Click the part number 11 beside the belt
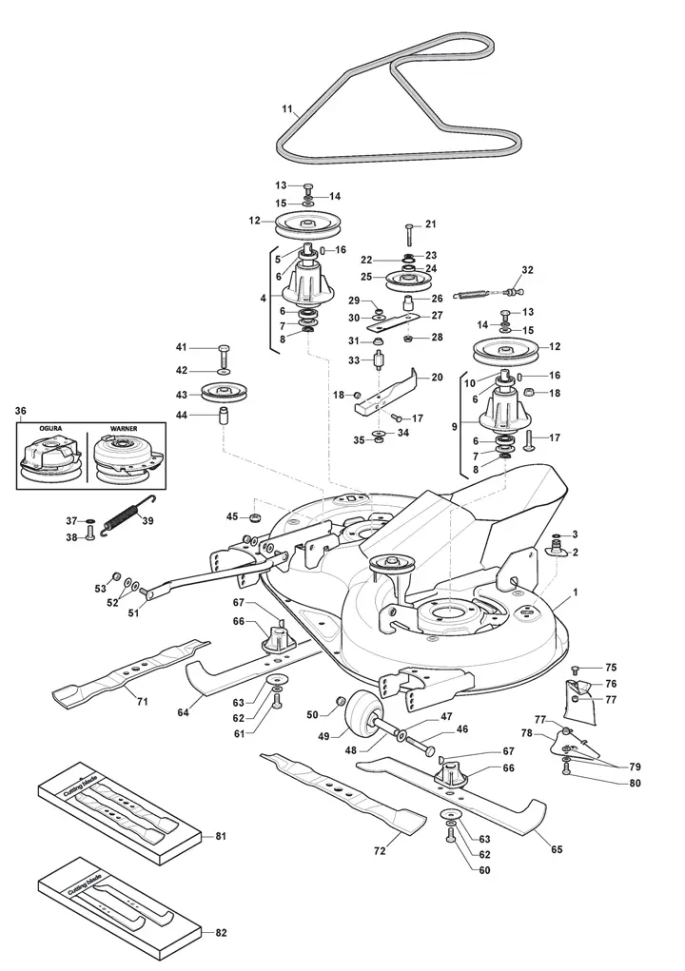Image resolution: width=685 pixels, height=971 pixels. click(x=287, y=110)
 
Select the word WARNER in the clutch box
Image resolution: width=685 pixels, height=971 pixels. click(x=124, y=429)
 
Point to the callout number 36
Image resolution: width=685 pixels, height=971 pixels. click(x=21, y=411)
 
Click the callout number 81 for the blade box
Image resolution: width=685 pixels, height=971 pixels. click(x=221, y=836)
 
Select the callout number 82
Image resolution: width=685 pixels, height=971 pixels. click(x=221, y=933)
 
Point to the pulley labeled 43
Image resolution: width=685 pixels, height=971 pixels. click(x=219, y=392)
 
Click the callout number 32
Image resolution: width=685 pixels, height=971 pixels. click(x=528, y=269)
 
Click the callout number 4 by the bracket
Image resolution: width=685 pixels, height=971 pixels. click(x=264, y=298)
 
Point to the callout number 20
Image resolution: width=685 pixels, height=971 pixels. click(x=437, y=377)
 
